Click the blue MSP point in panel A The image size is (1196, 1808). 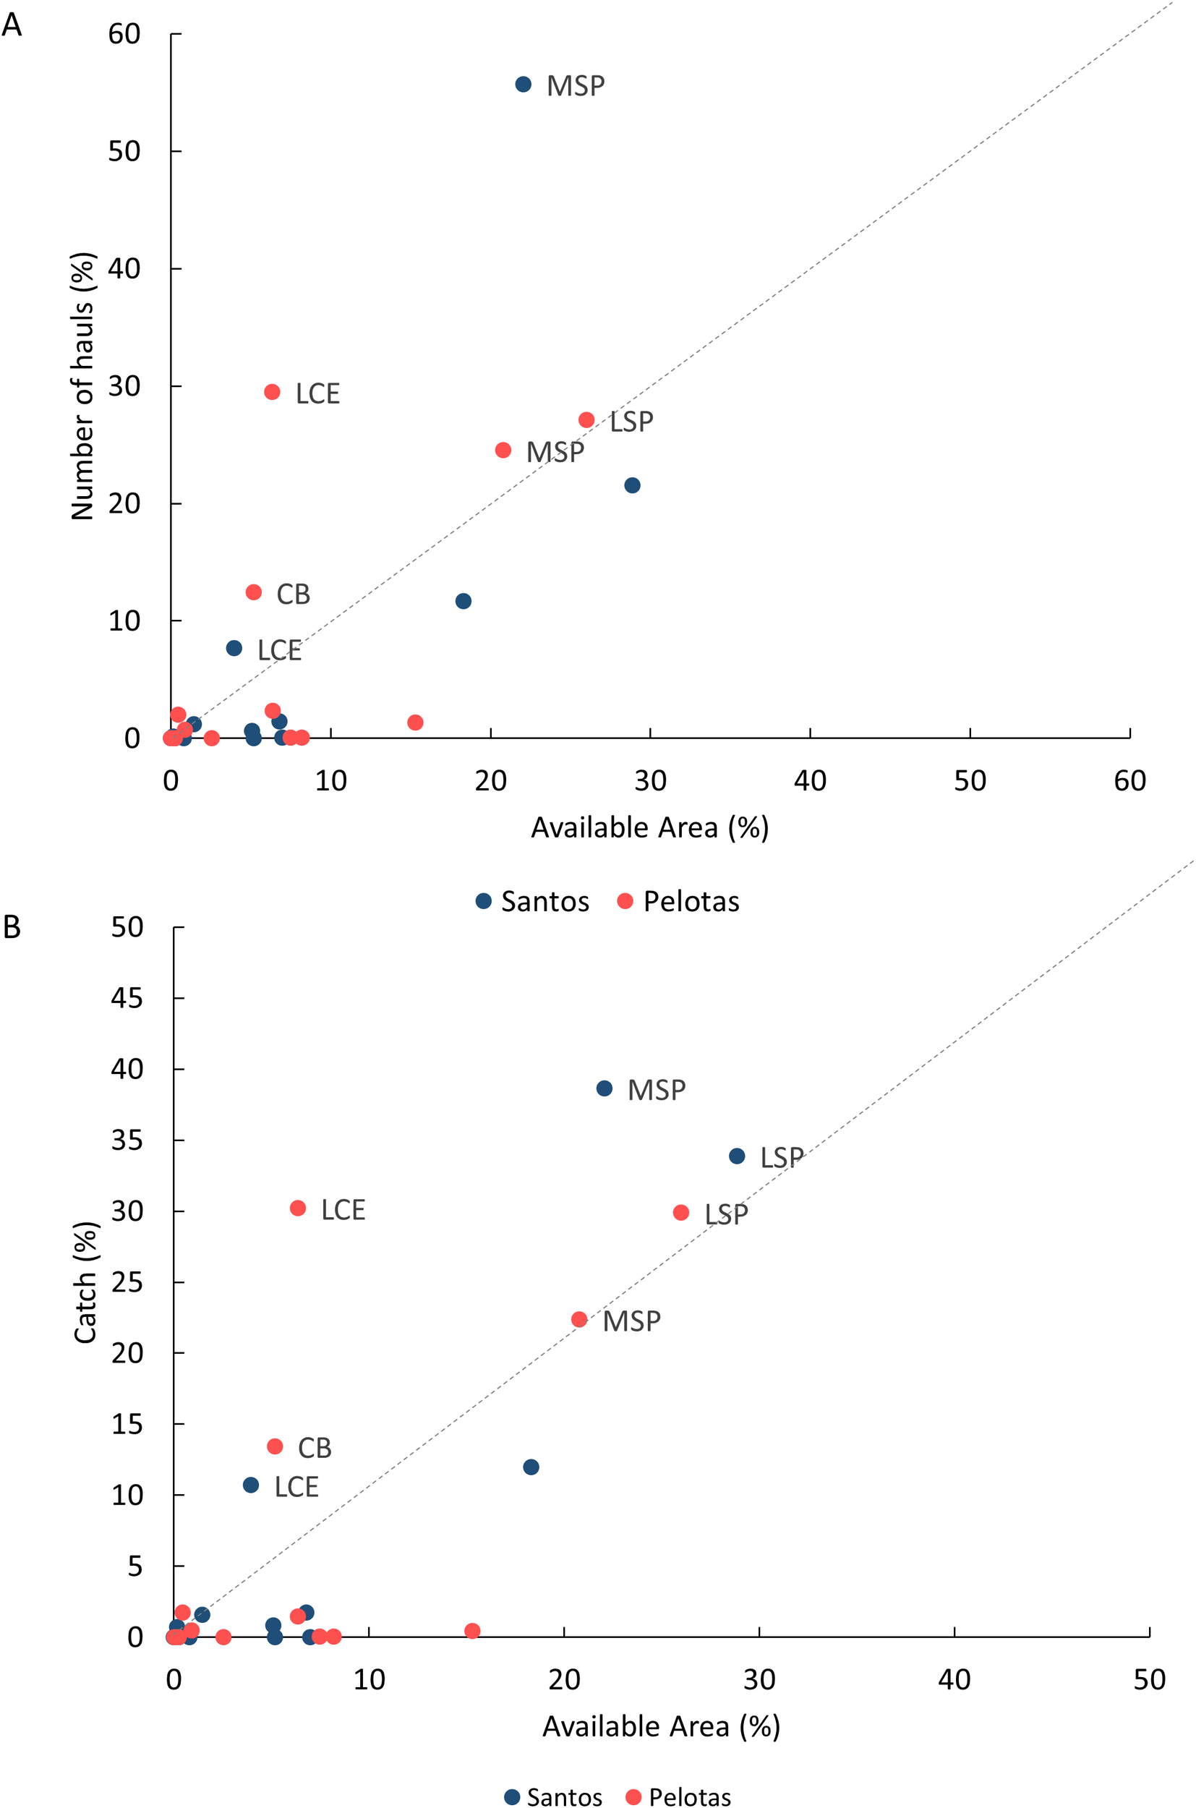[523, 85]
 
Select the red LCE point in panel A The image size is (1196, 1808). [273, 392]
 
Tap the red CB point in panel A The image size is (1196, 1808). [254, 593]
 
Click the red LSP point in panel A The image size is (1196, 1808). [586, 420]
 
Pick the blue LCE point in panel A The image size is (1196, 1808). [234, 649]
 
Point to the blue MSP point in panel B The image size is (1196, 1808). [604, 1088]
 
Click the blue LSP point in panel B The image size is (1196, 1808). [737, 1156]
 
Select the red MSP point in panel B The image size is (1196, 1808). [579, 1320]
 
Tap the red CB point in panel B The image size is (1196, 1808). [275, 1446]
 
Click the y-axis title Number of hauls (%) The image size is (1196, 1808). [82, 386]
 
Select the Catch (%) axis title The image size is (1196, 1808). [85, 1282]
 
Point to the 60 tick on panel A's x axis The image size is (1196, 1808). [1129, 781]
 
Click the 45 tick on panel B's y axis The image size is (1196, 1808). [127, 998]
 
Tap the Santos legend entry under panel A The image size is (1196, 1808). [532, 902]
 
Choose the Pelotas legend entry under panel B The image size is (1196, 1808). [678, 1797]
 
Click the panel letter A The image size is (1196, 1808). [12, 25]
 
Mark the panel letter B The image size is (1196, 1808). [12, 927]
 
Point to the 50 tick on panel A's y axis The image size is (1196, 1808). [124, 152]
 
